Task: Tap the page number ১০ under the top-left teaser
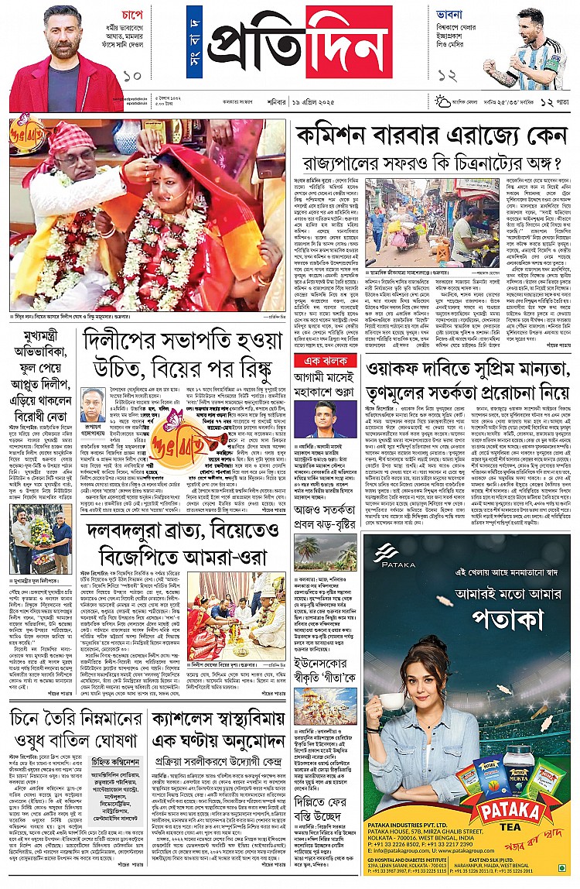click(x=132, y=76)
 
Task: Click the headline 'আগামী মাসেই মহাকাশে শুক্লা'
click(x=325, y=386)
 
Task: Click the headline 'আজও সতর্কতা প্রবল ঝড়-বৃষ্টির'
click(x=326, y=515)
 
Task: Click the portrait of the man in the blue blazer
click(x=325, y=420)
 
